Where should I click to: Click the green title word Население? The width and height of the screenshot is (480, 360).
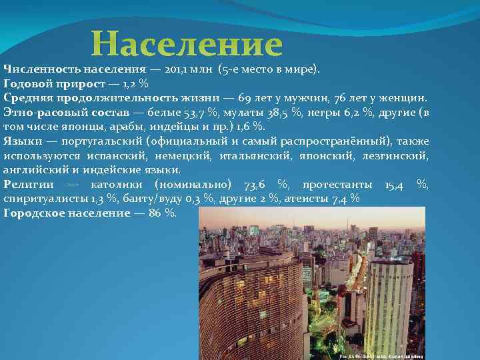(x=187, y=45)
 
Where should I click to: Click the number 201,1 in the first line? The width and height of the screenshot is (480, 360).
(x=177, y=69)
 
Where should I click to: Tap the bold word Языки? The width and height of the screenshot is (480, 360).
(x=21, y=141)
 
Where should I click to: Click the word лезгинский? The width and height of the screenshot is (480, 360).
(x=395, y=155)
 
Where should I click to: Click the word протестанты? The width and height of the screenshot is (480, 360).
(x=335, y=184)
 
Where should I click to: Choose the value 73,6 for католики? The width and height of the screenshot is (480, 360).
(x=255, y=184)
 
